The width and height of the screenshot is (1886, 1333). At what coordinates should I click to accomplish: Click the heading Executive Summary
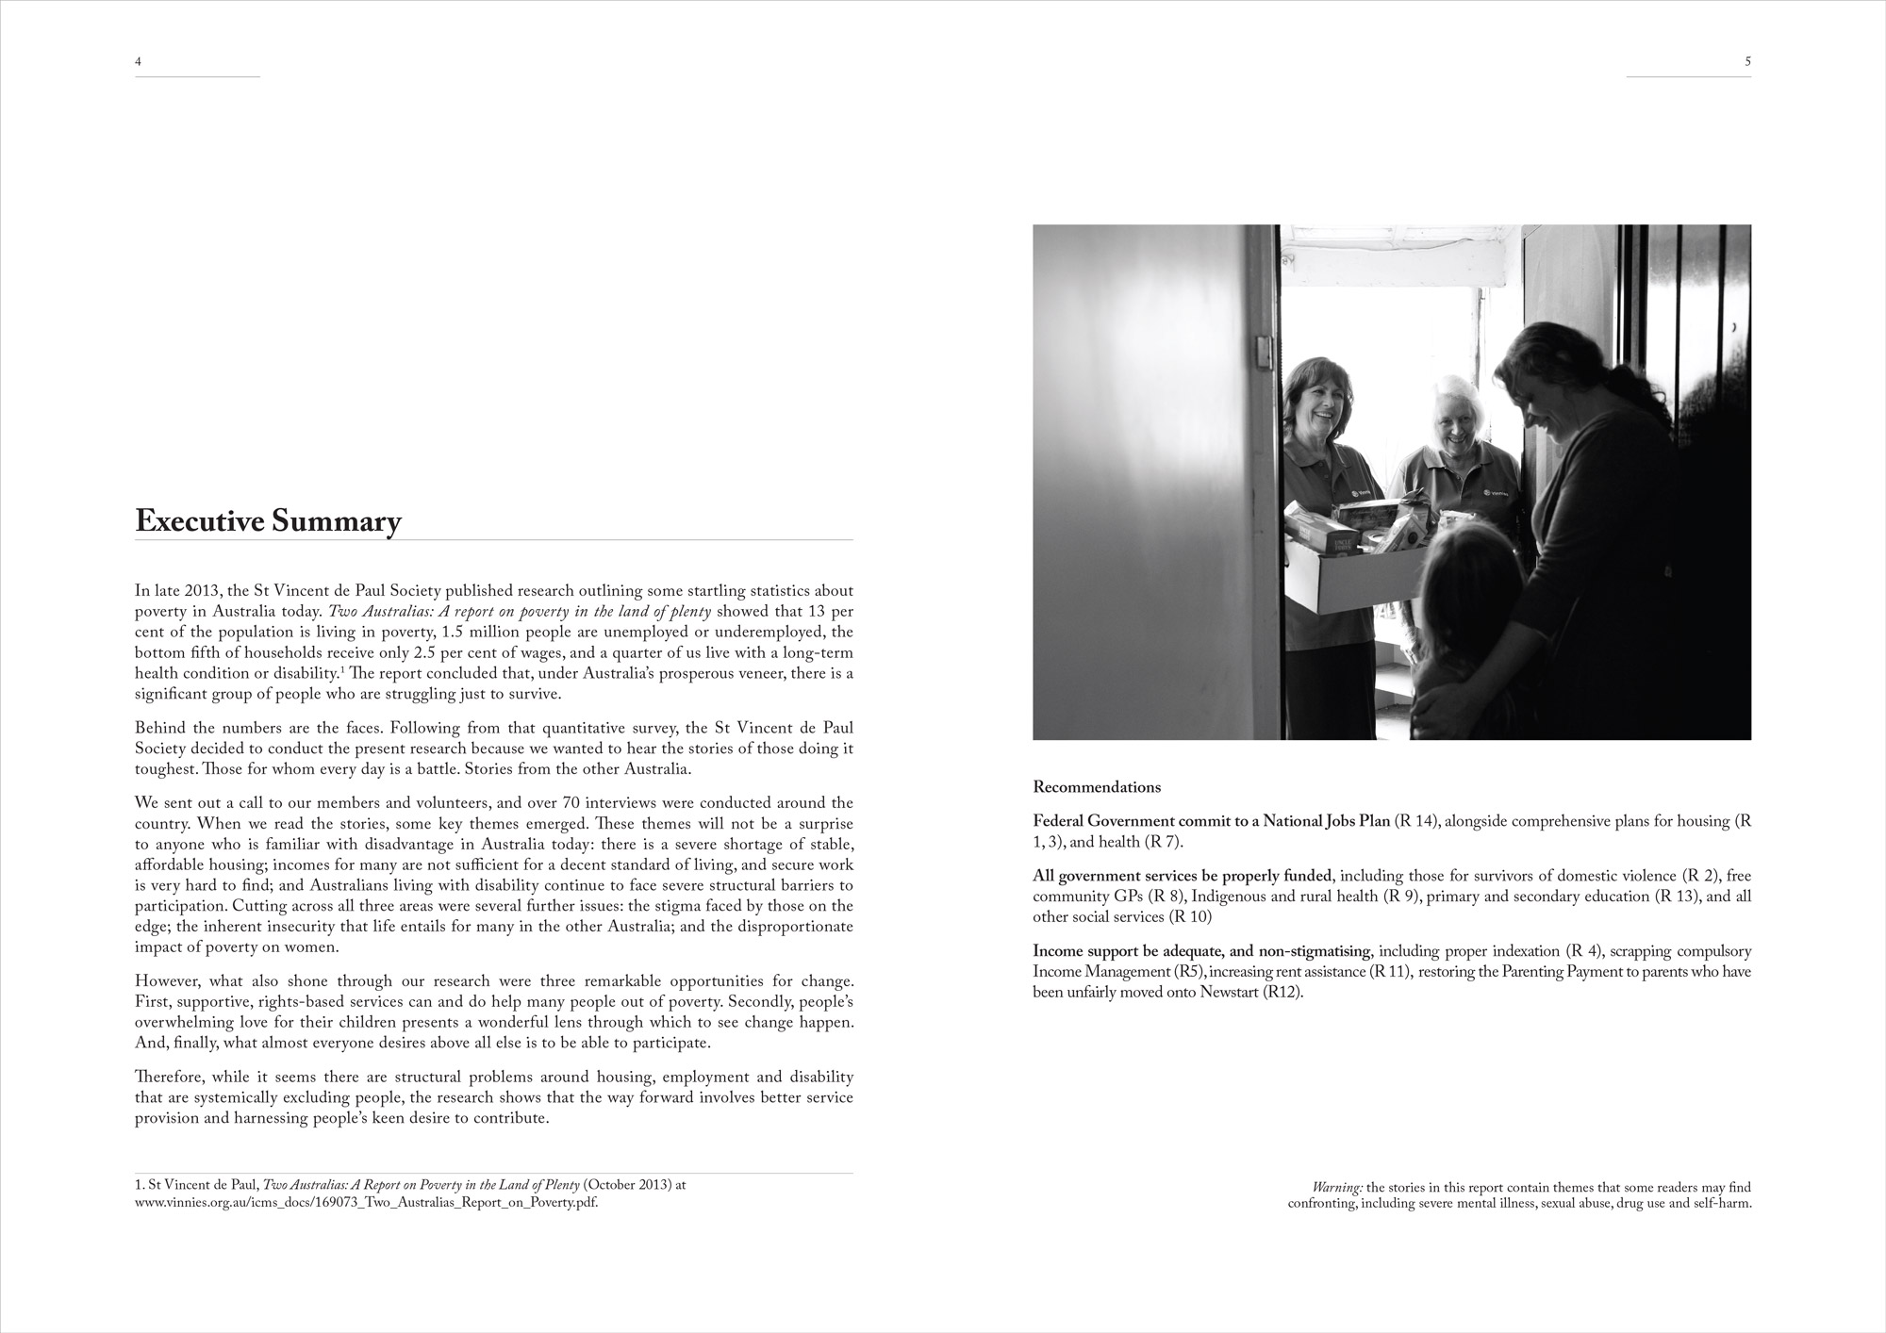click(268, 521)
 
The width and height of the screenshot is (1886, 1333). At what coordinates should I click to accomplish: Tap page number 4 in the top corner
click(139, 61)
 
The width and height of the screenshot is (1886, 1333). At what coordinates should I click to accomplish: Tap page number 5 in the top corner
click(1747, 61)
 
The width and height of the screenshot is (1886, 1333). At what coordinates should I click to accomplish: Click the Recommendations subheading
click(1097, 787)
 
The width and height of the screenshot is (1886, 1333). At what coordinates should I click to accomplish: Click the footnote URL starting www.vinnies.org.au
click(366, 1203)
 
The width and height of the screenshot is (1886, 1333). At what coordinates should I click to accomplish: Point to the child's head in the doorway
click(1466, 575)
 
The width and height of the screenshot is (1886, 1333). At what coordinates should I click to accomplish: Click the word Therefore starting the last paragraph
click(169, 1077)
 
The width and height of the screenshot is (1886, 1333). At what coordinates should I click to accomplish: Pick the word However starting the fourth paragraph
click(166, 980)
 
